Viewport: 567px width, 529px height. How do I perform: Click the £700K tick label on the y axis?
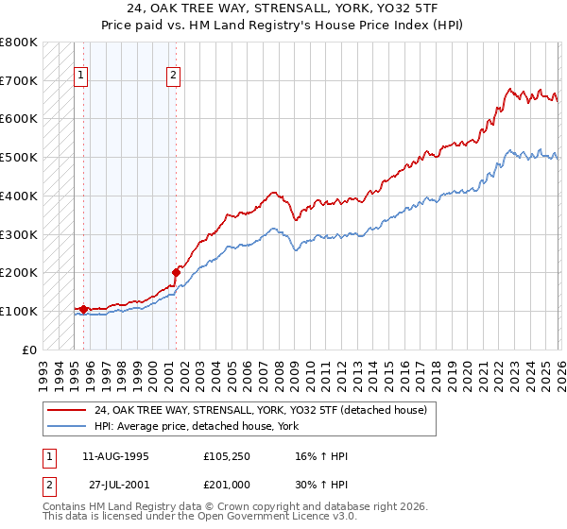click(x=19, y=80)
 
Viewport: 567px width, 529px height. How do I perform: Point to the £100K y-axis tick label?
click(x=19, y=311)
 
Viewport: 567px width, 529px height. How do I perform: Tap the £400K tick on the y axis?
click(x=19, y=196)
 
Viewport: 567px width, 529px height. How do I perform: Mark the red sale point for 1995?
click(x=83, y=309)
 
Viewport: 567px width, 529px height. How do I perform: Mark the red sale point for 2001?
click(x=176, y=272)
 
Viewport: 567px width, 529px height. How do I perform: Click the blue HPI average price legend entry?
click(x=196, y=426)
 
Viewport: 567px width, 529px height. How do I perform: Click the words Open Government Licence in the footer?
click(x=281, y=517)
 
